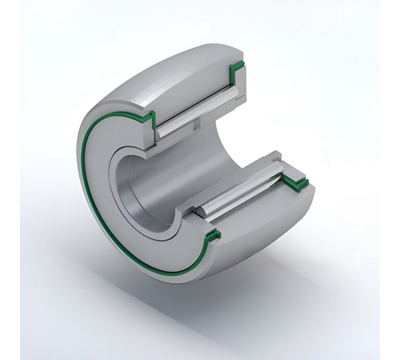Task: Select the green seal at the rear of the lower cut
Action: (x=295, y=184)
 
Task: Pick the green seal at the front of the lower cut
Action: (x=212, y=236)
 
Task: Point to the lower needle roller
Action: (x=243, y=194)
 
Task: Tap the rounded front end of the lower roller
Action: (x=202, y=212)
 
